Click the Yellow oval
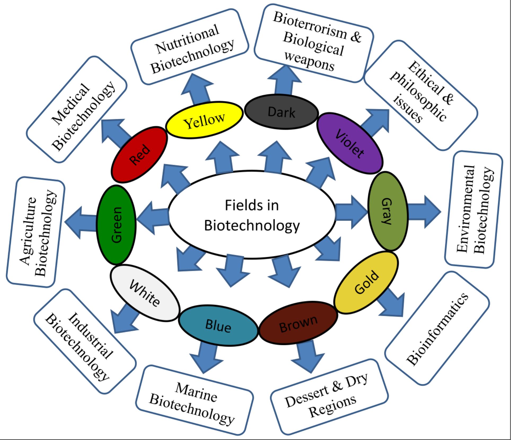(x=204, y=120)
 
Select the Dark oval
(x=281, y=112)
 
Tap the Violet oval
(x=350, y=143)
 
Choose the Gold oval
(x=366, y=283)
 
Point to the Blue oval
(x=218, y=326)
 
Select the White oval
(x=145, y=293)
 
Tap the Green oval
(x=116, y=225)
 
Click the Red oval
(x=139, y=154)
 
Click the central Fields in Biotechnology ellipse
(x=252, y=215)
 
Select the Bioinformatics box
(x=437, y=329)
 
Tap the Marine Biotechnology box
(x=195, y=400)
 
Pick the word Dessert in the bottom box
(x=306, y=396)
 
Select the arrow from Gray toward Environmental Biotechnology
(x=424, y=212)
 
